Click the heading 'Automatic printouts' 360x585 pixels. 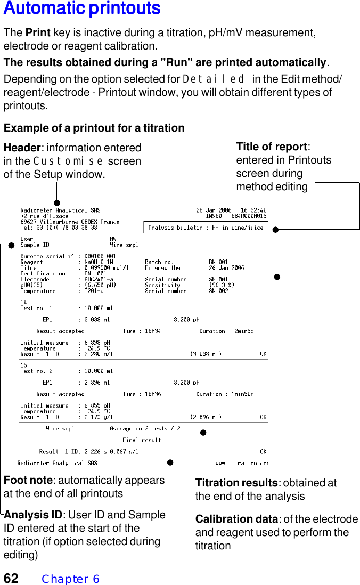point(82,9)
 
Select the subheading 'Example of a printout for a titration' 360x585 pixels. point(94,128)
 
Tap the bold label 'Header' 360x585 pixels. point(22,148)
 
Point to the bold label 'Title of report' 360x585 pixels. point(272,147)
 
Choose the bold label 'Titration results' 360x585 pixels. point(236,483)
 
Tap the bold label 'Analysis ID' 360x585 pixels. point(33,515)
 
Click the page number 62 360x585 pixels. point(11,578)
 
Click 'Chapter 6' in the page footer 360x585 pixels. point(70,579)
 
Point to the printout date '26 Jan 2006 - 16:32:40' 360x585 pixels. point(231,210)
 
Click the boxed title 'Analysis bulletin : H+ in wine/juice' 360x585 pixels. point(206,228)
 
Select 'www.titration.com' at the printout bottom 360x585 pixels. point(241,463)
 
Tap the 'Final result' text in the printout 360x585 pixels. point(142,440)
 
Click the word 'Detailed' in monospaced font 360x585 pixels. point(214,79)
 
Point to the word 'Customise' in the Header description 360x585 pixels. point(69,161)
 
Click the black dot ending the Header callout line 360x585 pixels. point(56,203)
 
